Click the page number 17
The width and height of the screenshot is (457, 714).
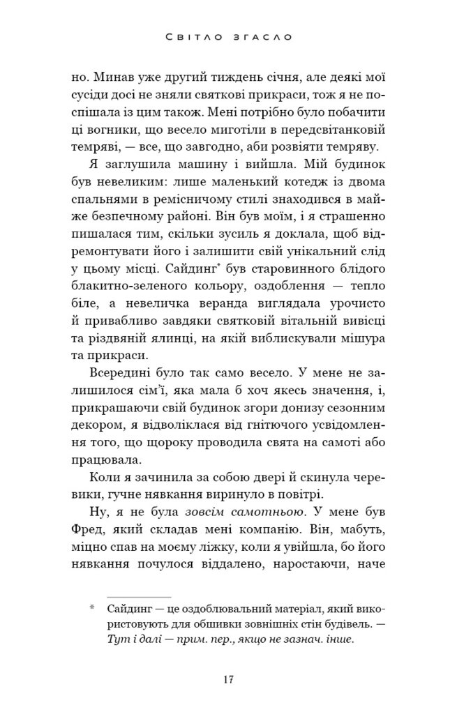click(228, 681)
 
